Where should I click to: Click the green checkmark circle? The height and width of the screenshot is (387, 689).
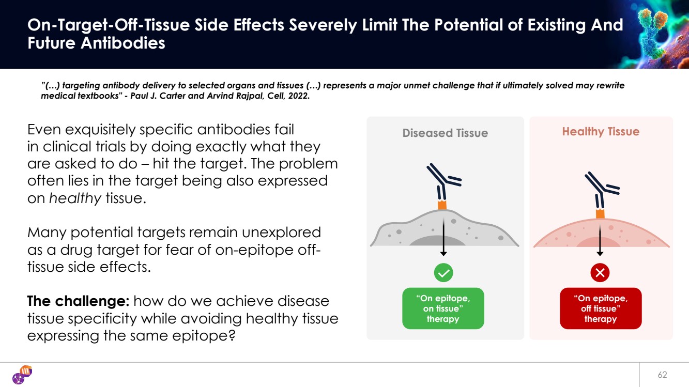click(x=443, y=272)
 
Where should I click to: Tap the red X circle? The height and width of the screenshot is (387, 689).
click(x=600, y=272)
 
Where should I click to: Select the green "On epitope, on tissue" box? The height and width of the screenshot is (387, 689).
click(x=443, y=308)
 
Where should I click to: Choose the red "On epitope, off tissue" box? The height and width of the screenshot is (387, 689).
click(x=600, y=308)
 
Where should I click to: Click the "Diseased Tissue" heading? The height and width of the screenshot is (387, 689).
click(x=445, y=133)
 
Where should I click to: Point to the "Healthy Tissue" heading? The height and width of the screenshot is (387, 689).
click(x=601, y=132)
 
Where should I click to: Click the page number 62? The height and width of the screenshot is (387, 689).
click(x=662, y=375)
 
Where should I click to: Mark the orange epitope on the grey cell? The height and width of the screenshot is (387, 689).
click(x=442, y=205)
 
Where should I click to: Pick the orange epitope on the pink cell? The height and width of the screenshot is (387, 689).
click(x=600, y=213)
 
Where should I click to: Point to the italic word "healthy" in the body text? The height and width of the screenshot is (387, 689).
click(x=75, y=198)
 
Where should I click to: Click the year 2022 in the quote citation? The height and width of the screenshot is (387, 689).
click(x=299, y=96)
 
